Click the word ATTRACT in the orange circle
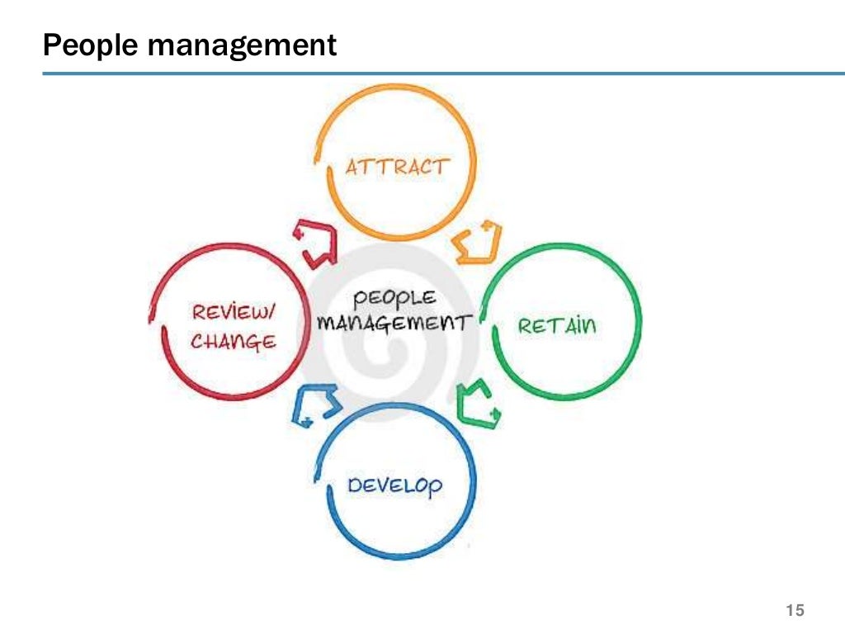397,168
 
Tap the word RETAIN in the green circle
556,325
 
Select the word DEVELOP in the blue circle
394,485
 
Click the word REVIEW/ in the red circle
234,313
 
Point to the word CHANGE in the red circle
234,340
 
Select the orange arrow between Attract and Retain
478,242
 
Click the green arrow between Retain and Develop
479,404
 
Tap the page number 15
795,611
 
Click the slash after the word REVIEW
273,312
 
